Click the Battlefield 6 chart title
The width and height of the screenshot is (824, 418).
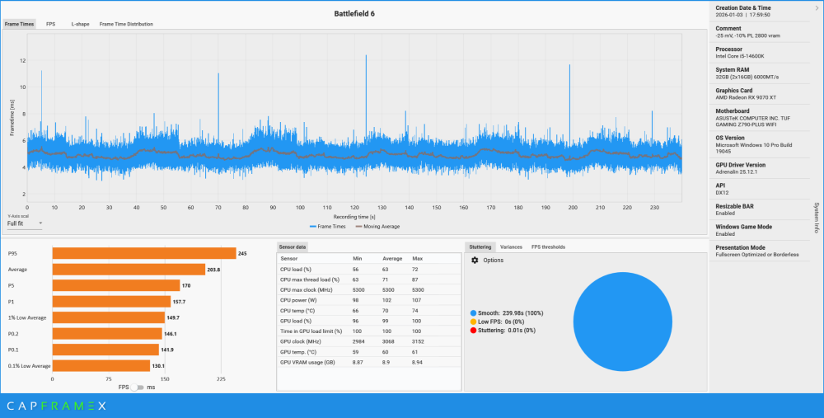pyautogui.click(x=354, y=13)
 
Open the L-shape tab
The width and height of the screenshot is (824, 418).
pyautogui.click(x=80, y=24)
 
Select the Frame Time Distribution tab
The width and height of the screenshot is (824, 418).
pyautogui.click(x=126, y=24)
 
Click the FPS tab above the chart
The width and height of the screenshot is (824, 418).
pyautogui.click(x=51, y=24)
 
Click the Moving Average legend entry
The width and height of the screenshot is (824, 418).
pyautogui.click(x=378, y=225)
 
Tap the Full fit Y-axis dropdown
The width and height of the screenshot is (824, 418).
pyautogui.click(x=25, y=223)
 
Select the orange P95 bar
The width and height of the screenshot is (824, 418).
pyautogui.click(x=143, y=253)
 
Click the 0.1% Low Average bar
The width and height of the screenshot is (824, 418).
pyautogui.click(x=101, y=365)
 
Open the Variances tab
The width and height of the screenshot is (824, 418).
pyautogui.click(x=511, y=247)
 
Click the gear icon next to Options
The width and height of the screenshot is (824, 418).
pyautogui.click(x=475, y=261)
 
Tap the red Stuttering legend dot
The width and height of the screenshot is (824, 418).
pyautogui.click(x=473, y=330)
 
